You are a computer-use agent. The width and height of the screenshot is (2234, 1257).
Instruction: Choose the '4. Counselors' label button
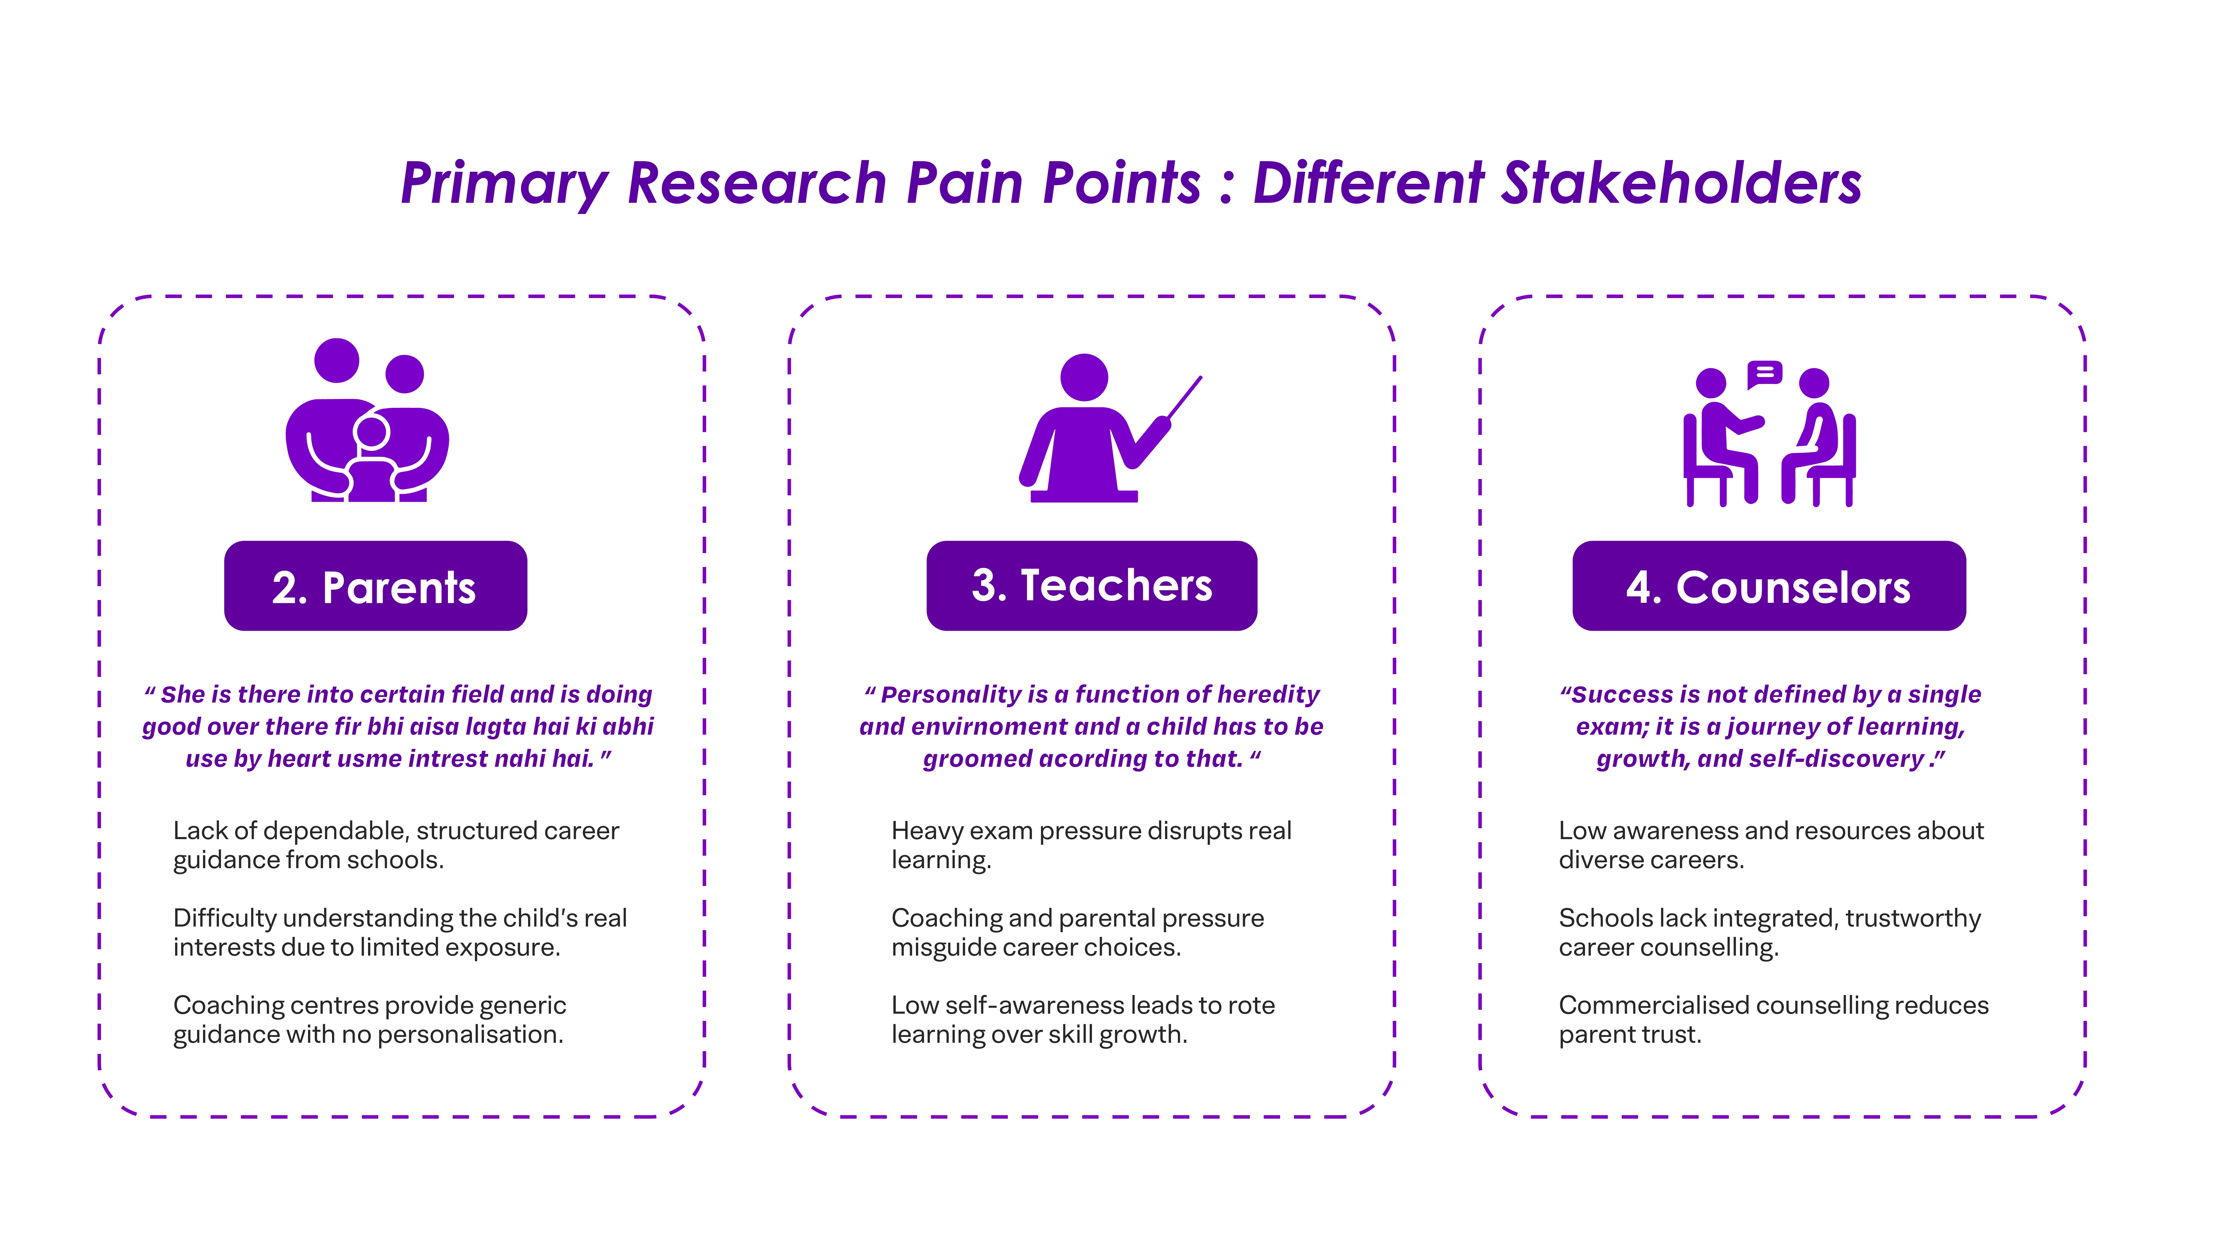pos(1768,586)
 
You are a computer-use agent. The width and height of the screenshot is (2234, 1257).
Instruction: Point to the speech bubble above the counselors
pos(1764,374)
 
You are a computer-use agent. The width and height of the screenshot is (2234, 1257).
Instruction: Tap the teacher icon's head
pos(1084,377)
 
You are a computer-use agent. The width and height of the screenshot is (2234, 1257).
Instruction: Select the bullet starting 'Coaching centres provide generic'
pos(369,1019)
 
